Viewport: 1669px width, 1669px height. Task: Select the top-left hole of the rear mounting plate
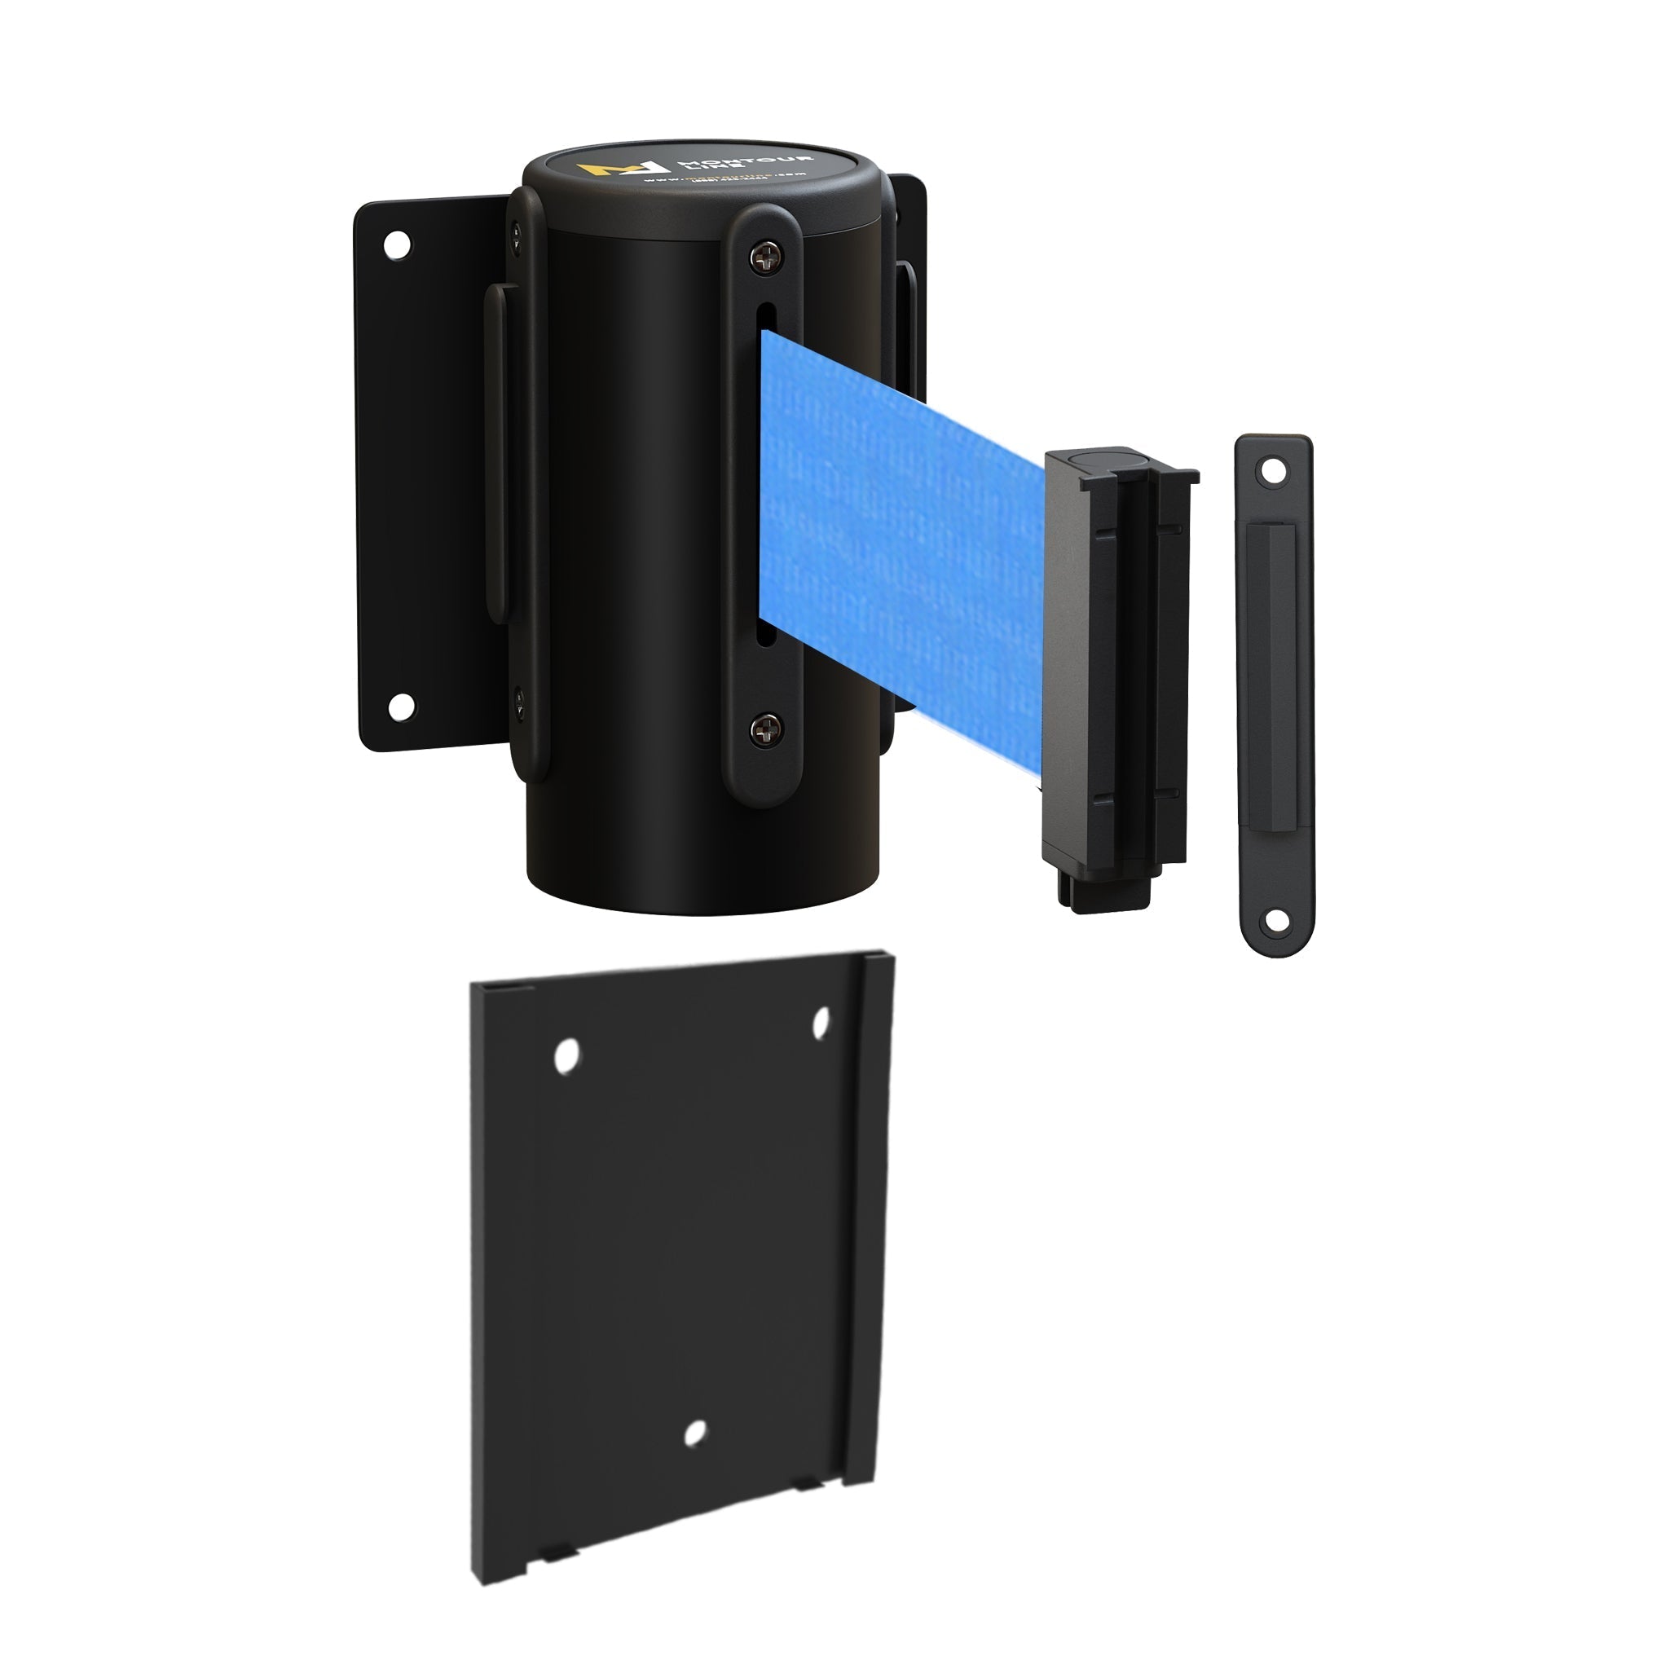[397, 244]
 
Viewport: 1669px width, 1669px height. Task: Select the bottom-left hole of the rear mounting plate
[399, 706]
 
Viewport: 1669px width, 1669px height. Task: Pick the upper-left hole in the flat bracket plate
[566, 1056]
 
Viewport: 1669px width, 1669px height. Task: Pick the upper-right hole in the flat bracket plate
[821, 1022]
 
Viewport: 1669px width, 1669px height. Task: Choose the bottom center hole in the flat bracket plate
[694, 1433]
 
